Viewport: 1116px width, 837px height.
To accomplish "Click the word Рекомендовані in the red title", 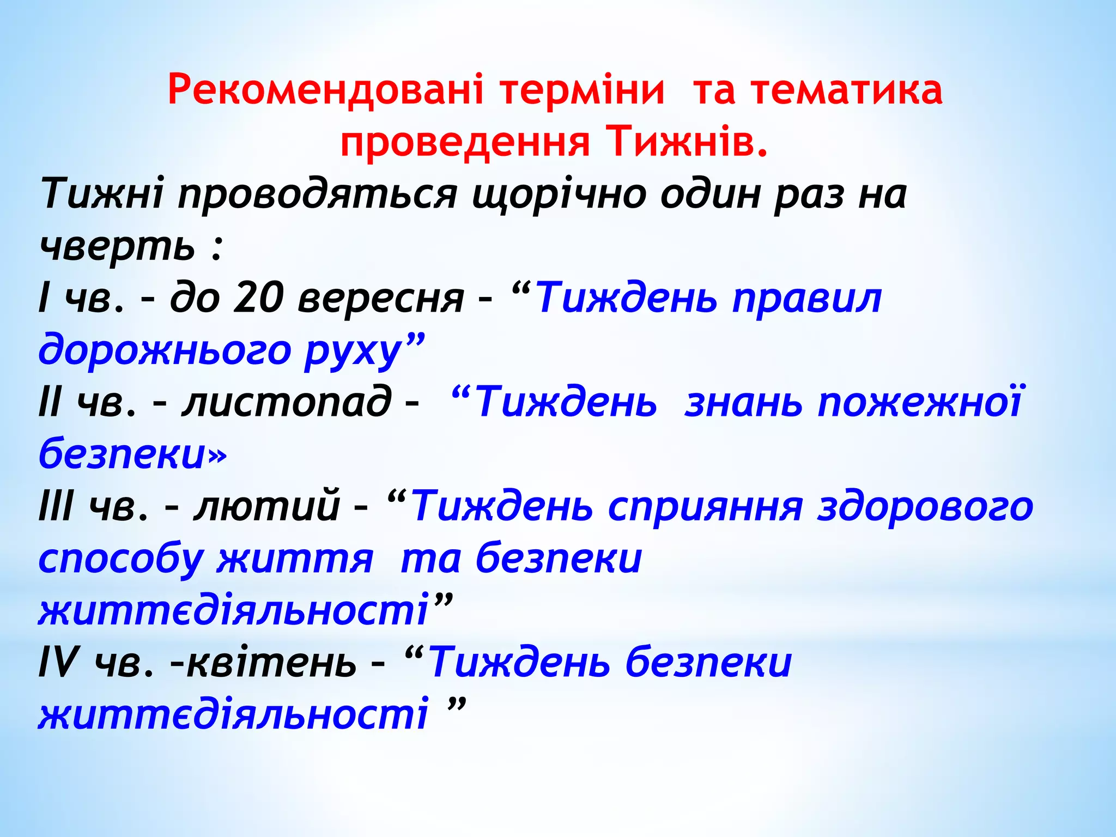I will (x=325, y=90).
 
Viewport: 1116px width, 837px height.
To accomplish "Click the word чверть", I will (x=117, y=246).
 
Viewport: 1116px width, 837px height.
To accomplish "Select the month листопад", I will (x=287, y=402).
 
